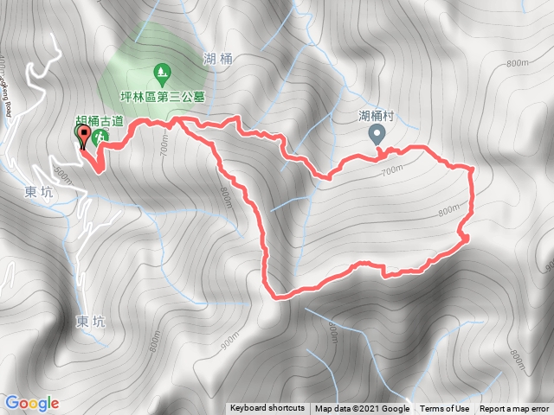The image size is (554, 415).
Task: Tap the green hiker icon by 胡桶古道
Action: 100,136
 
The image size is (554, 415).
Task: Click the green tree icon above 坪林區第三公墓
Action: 160,71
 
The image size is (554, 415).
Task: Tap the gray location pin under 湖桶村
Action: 377,134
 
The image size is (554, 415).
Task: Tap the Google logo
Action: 31,403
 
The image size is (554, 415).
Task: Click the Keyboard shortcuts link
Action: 267,409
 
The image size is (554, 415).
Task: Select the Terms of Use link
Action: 445,409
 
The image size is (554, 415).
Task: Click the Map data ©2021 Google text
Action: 362,409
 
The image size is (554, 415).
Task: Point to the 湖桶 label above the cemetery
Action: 219,59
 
